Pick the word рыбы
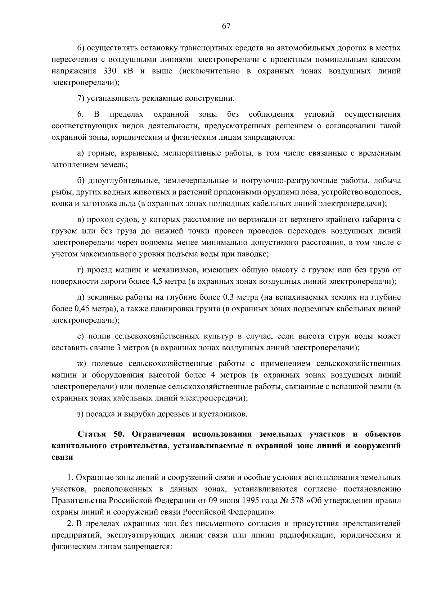(60, 192)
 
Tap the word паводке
(252, 254)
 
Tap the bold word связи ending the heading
(62, 458)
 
